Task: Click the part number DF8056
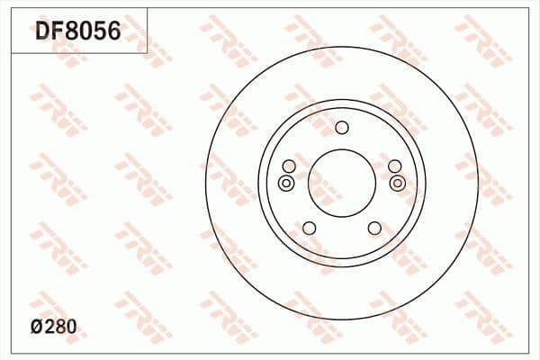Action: pyautogui.click(x=77, y=32)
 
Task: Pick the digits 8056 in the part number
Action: pyautogui.click(x=92, y=32)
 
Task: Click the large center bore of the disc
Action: pyautogui.click(x=341, y=183)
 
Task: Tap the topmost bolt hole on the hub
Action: pyautogui.click(x=341, y=127)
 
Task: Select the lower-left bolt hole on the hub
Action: pyautogui.click(x=309, y=228)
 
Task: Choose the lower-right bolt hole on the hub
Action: pyautogui.click(x=373, y=228)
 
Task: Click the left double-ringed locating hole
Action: pyautogui.click(x=286, y=184)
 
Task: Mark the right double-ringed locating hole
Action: pyautogui.click(x=398, y=184)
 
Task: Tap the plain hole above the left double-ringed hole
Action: pyautogui.click(x=289, y=166)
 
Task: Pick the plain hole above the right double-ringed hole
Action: pyautogui.click(x=394, y=166)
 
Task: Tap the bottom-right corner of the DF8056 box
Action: pyautogui.click(x=147, y=52)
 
